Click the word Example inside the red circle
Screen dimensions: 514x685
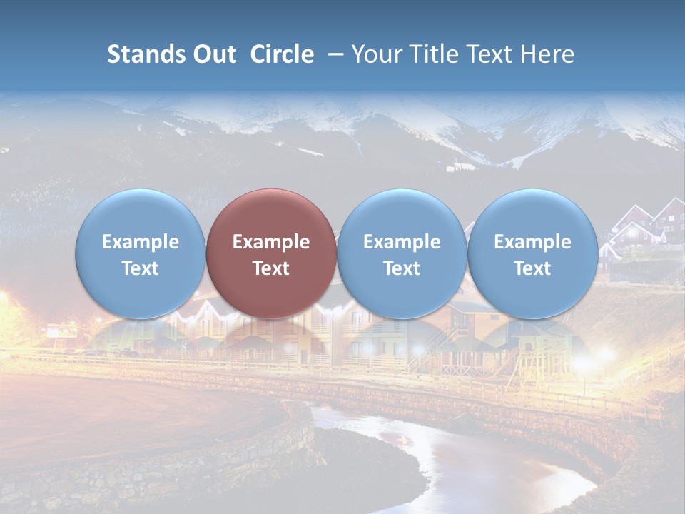coord(271,242)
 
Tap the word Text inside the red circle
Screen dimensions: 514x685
coord(271,268)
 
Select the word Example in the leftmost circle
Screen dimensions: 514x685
coord(140,242)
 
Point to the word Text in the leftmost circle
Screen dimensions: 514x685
coord(140,268)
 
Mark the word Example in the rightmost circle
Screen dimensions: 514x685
coord(533,242)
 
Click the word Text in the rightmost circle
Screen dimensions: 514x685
coord(533,268)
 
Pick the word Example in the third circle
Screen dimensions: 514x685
coord(402,242)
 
